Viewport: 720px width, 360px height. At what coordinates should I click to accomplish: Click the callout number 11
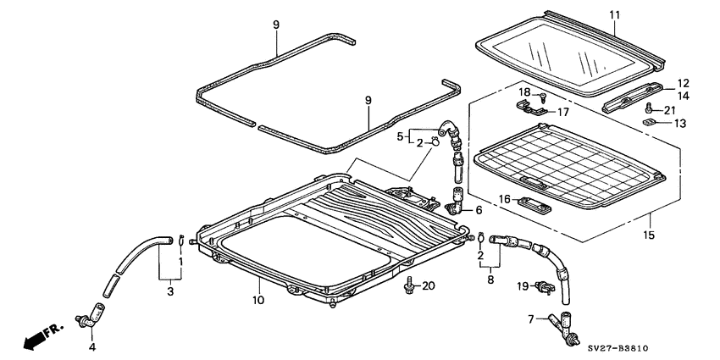[x=615, y=14]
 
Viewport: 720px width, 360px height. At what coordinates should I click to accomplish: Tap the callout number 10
[x=258, y=299]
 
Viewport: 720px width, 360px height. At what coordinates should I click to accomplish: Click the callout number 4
[x=92, y=346]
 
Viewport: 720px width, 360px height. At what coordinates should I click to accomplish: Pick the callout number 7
[x=532, y=319]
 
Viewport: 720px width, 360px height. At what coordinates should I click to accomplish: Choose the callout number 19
[x=523, y=285]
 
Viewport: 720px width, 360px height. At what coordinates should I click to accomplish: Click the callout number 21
[x=670, y=111]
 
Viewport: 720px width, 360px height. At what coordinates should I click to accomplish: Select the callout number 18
[x=524, y=91]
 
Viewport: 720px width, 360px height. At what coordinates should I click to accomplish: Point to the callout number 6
[x=479, y=210]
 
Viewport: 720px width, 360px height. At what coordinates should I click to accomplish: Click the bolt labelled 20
[x=411, y=284]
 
